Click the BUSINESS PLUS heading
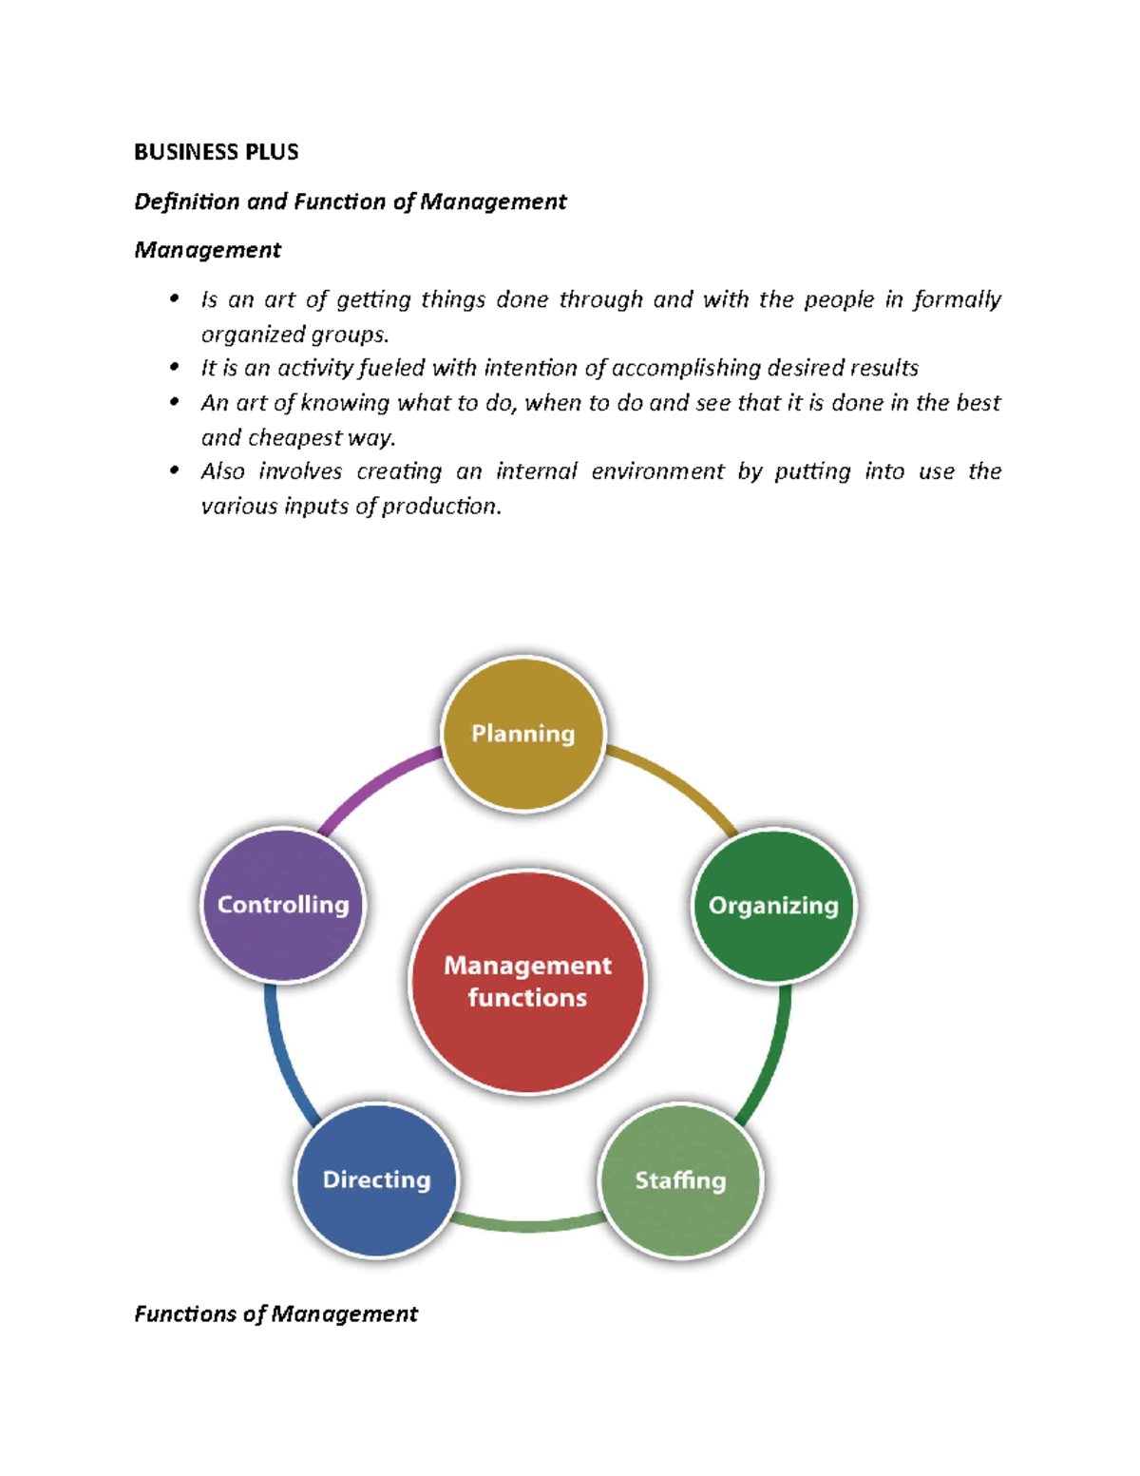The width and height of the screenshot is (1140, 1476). click(216, 152)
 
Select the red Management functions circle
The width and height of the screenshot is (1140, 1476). click(527, 981)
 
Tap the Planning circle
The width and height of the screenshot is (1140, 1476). click(523, 733)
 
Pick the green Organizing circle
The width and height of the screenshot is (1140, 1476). click(773, 905)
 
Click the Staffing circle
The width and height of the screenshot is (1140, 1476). click(680, 1179)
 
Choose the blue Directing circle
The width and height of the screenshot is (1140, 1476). click(376, 1179)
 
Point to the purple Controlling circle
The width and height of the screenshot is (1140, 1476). click(283, 904)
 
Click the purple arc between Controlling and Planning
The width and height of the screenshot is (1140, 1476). click(375, 785)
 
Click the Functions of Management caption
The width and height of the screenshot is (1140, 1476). click(275, 1313)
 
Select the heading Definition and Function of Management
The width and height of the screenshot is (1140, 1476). click(350, 201)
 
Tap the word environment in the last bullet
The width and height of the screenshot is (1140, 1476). click(657, 471)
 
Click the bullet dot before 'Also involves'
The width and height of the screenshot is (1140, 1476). click(174, 470)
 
